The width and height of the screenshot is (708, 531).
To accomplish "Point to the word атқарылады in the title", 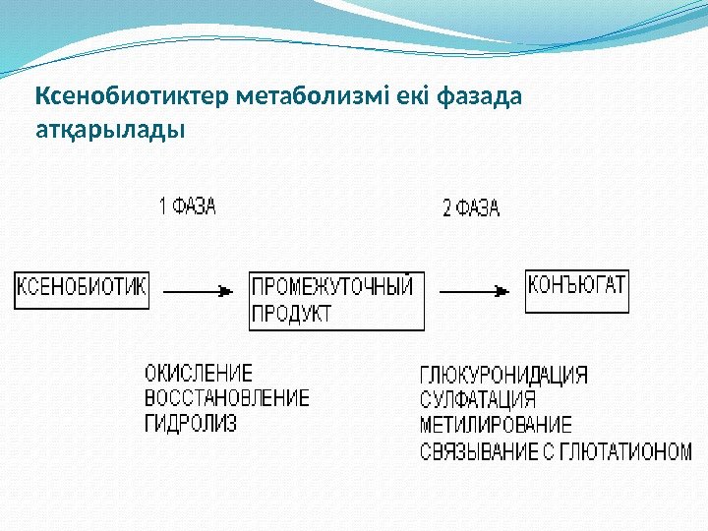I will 109,129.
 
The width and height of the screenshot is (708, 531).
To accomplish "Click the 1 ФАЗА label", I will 188,207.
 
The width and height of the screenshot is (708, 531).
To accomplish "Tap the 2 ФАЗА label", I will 471,208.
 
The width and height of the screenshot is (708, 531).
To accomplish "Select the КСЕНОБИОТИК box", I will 82,289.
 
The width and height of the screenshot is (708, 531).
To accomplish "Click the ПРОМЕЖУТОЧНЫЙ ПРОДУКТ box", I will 336,301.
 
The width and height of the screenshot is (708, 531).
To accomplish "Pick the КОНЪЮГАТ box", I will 577,290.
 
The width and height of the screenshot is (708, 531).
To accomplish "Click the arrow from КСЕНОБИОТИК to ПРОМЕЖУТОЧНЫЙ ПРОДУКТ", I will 199,291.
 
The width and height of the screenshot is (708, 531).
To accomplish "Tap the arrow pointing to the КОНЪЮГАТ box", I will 476,291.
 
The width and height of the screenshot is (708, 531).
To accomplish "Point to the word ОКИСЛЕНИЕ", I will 199,374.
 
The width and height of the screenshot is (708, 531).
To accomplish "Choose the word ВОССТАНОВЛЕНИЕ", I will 227,398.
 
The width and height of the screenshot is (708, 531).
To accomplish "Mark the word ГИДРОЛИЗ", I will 191,423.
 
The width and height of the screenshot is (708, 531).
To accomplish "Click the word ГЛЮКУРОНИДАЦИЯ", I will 504,376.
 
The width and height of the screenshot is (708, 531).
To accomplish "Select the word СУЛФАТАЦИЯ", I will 478,400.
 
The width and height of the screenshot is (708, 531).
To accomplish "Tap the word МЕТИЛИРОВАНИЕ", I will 496,426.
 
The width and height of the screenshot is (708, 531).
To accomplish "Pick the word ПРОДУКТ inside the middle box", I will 293,315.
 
